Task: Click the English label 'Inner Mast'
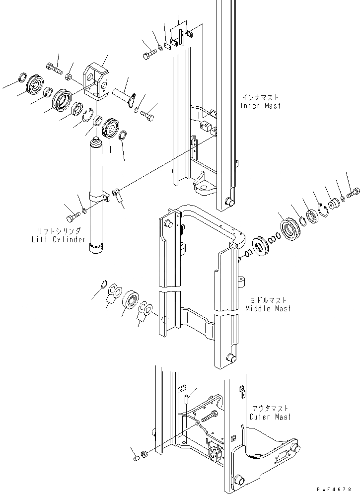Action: click(x=261, y=106)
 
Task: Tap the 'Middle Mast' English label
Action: click(x=268, y=309)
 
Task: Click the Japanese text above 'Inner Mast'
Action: click(x=261, y=98)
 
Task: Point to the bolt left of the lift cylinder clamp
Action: click(x=72, y=217)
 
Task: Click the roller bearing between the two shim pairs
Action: click(x=133, y=299)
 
